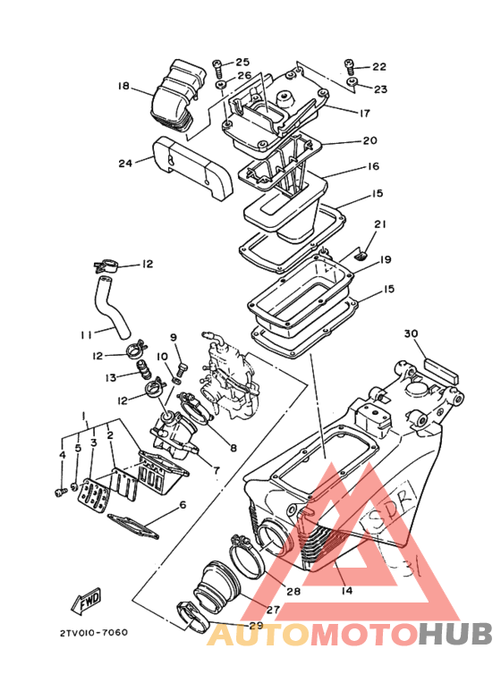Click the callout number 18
123,87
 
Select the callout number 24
125,163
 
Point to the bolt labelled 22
350,66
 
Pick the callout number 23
379,89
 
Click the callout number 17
365,114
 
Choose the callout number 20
369,140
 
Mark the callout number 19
386,260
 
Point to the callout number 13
111,376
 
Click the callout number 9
174,337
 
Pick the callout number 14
346,591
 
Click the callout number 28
293,591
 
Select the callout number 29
257,625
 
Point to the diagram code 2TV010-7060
94,632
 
